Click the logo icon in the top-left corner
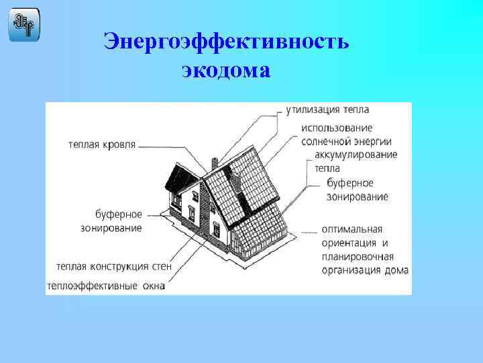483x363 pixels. click(24, 25)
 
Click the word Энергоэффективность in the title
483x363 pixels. click(226, 42)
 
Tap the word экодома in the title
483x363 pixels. click(226, 69)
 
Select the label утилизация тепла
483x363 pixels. click(327, 109)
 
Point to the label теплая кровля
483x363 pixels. click(101, 144)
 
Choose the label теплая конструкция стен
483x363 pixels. click(115, 266)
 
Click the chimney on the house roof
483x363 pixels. click(214, 163)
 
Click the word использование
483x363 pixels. click(336, 128)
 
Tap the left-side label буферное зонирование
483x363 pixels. click(118, 221)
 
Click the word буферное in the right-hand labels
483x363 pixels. click(350, 183)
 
